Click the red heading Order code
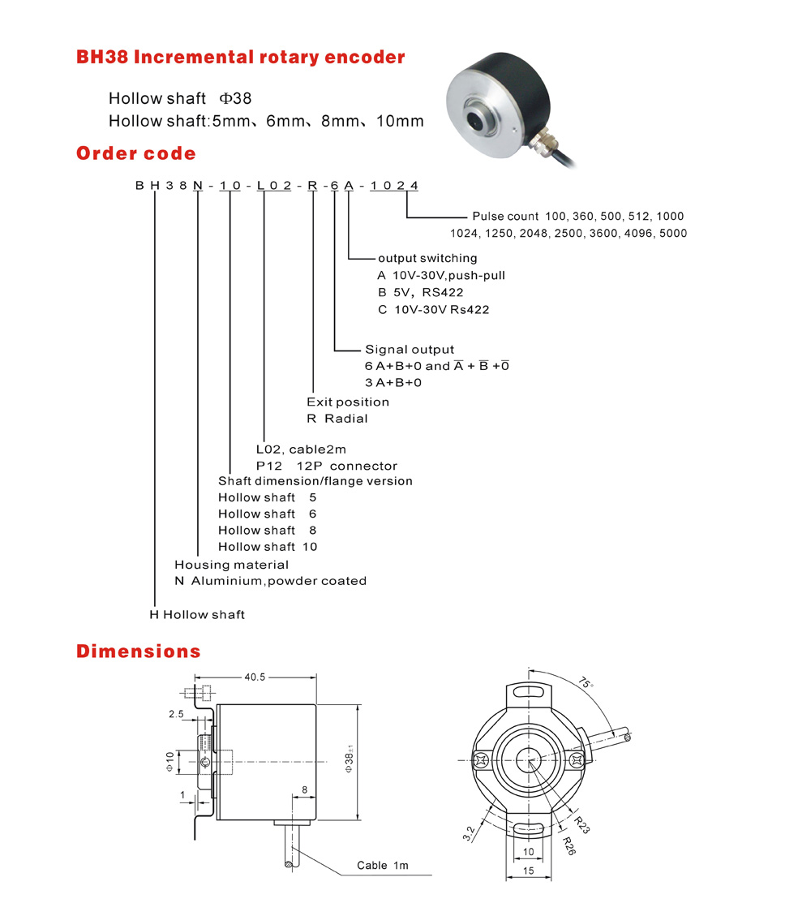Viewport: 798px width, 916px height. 136,153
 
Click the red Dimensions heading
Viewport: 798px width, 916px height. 138,651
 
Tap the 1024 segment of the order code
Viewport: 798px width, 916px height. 394,185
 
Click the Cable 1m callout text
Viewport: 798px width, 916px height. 383,865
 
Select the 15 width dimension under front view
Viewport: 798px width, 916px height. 528,870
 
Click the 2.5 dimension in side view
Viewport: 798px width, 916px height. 176,714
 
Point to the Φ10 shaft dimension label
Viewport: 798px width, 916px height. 170,761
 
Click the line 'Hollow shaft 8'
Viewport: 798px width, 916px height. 268,530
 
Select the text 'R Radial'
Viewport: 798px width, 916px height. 337,419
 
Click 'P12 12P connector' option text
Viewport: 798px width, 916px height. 326,466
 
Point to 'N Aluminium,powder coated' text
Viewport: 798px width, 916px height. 270,581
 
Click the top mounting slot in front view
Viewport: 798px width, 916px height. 528,691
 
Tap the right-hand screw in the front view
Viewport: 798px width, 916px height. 577,760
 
